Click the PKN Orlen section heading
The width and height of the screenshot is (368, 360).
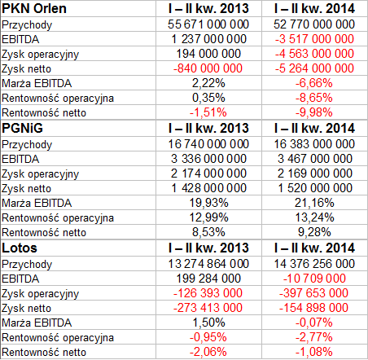coord(34,8)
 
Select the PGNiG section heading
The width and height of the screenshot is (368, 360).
coord(22,128)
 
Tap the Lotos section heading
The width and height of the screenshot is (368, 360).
coord(20,248)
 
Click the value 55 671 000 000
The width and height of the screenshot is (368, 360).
coord(208,24)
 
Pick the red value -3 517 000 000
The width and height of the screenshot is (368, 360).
coord(314,39)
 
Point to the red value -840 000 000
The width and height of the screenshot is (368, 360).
coord(208,68)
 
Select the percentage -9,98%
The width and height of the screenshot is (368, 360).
coord(314,112)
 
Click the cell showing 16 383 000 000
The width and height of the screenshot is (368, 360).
coord(314,144)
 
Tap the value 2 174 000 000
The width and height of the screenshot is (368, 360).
coord(208,173)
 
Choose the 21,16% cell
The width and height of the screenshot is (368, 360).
coord(314,203)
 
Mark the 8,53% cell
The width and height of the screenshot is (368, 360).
coord(208,232)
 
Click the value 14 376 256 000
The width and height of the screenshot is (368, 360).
coord(314,264)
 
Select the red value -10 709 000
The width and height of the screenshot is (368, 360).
coord(314,279)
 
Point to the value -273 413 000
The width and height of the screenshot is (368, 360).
coord(208,308)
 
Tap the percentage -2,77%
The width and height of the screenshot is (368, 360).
coord(314,337)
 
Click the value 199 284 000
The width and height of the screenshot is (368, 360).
coord(208,279)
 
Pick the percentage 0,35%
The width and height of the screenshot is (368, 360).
coord(208,98)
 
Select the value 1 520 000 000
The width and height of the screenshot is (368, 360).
coord(315,188)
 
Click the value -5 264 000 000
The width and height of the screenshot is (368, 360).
coord(314,68)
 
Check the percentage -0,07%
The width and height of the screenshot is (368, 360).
coord(314,323)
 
